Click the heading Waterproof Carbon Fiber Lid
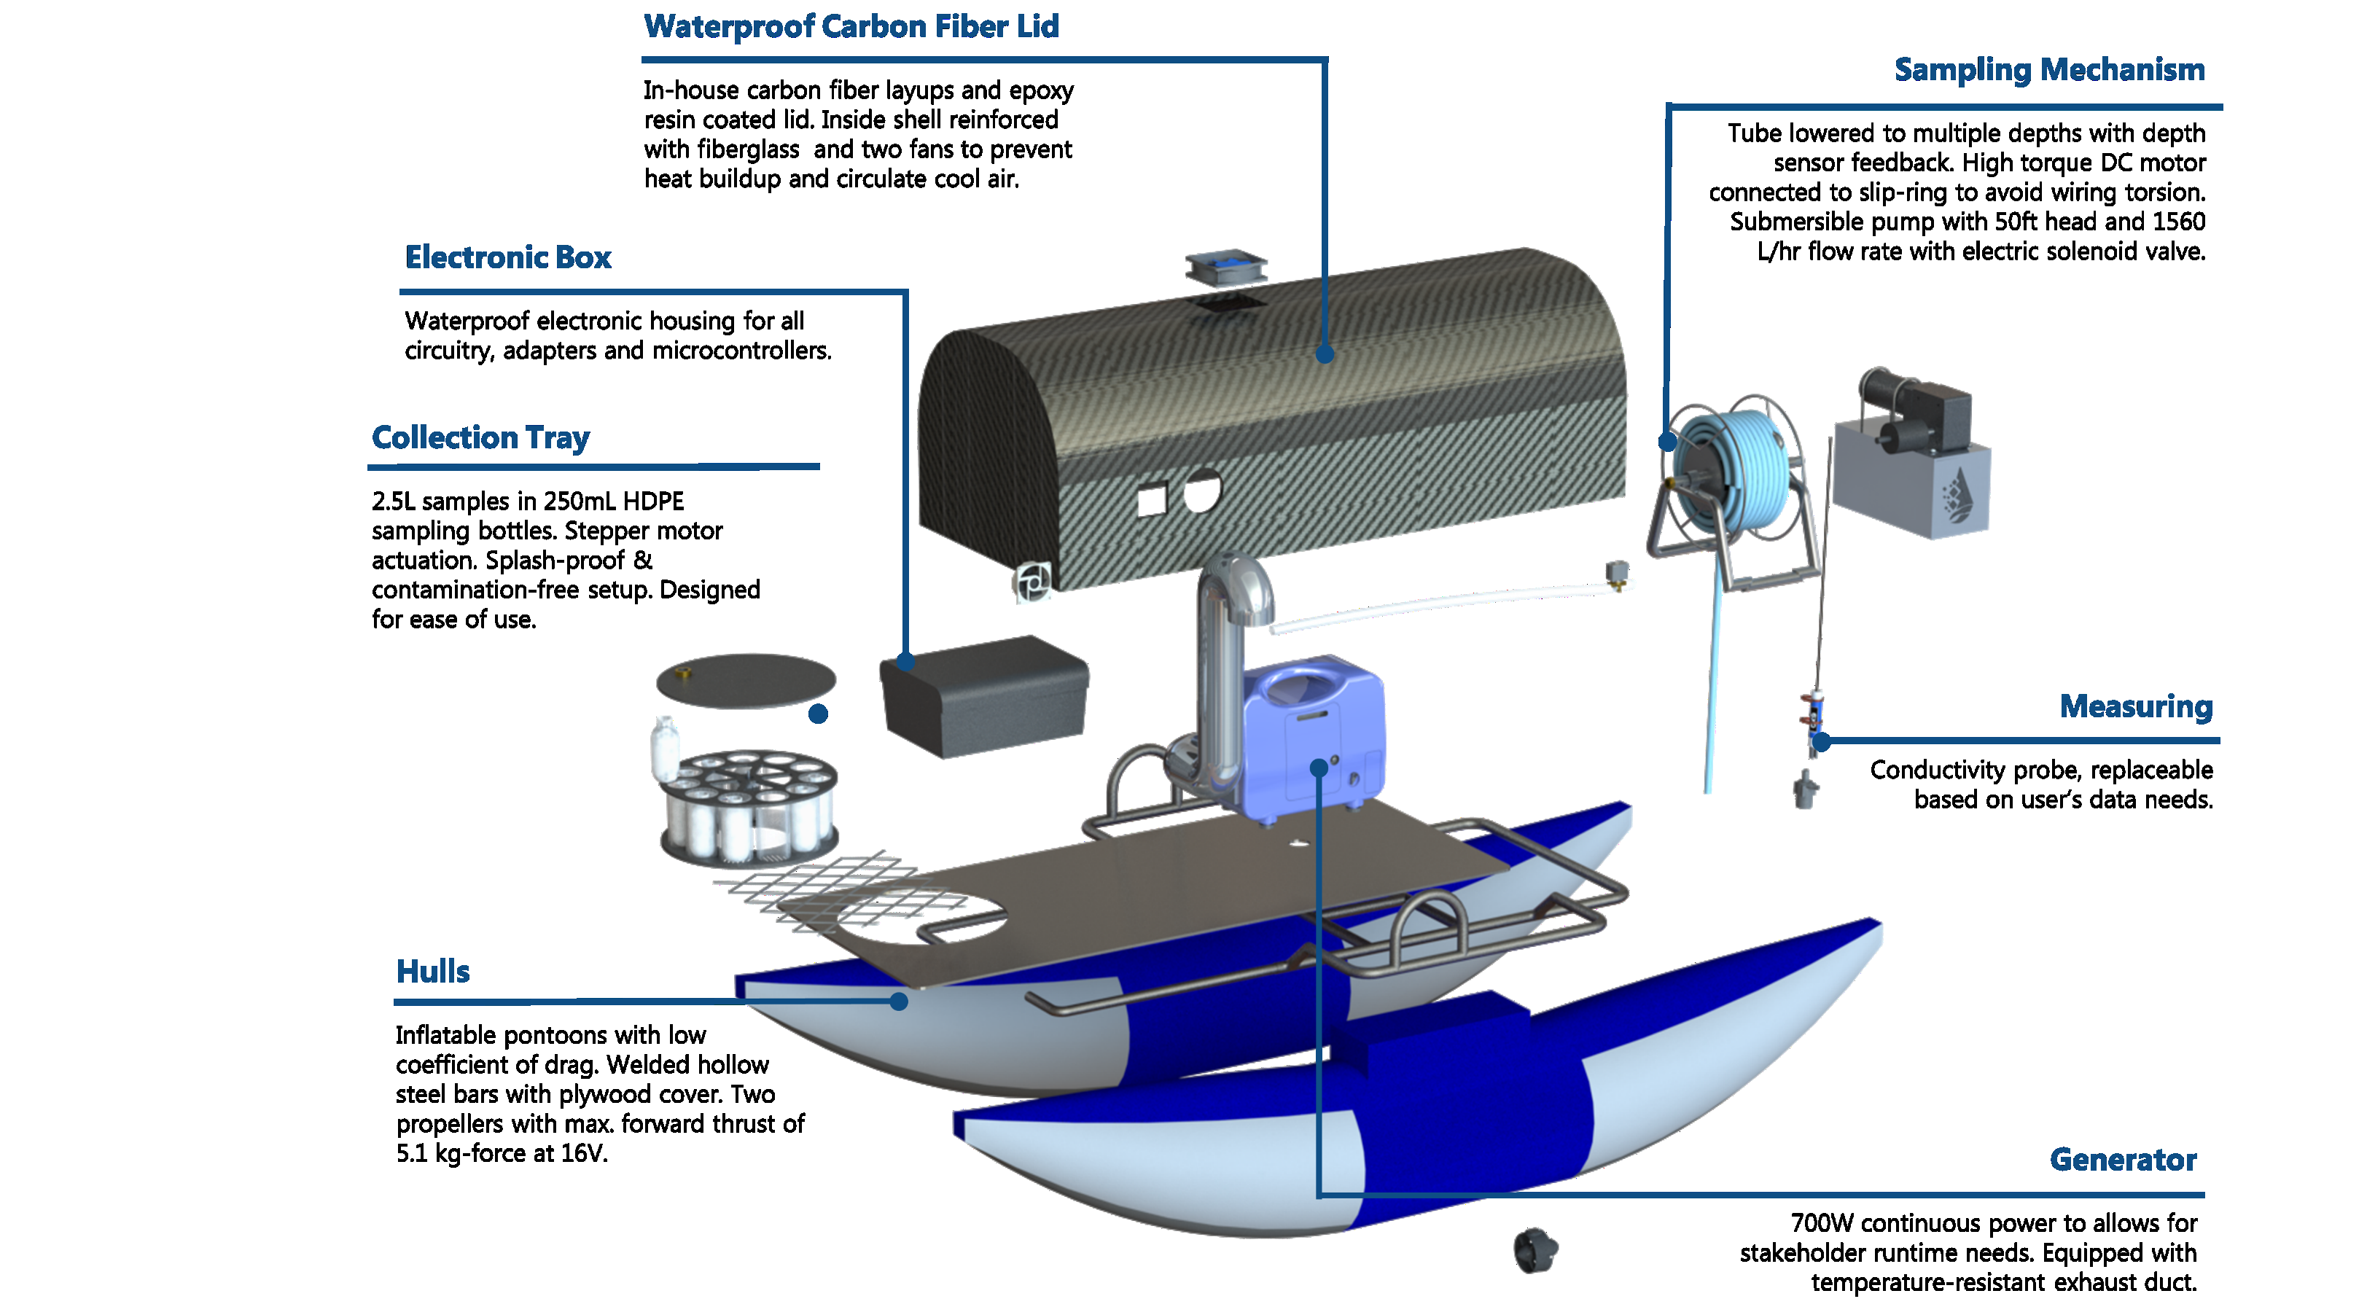click(851, 27)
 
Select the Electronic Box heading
click(507, 257)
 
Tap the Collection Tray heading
click(480, 437)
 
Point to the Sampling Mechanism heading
click(2048, 70)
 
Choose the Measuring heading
click(2135, 706)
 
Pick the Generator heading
click(2123, 1160)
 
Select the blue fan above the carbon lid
click(1225, 268)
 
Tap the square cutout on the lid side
click(1151, 500)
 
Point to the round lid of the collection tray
click(745, 680)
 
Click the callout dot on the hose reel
click(1667, 442)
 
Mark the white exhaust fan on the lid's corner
click(1033, 582)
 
